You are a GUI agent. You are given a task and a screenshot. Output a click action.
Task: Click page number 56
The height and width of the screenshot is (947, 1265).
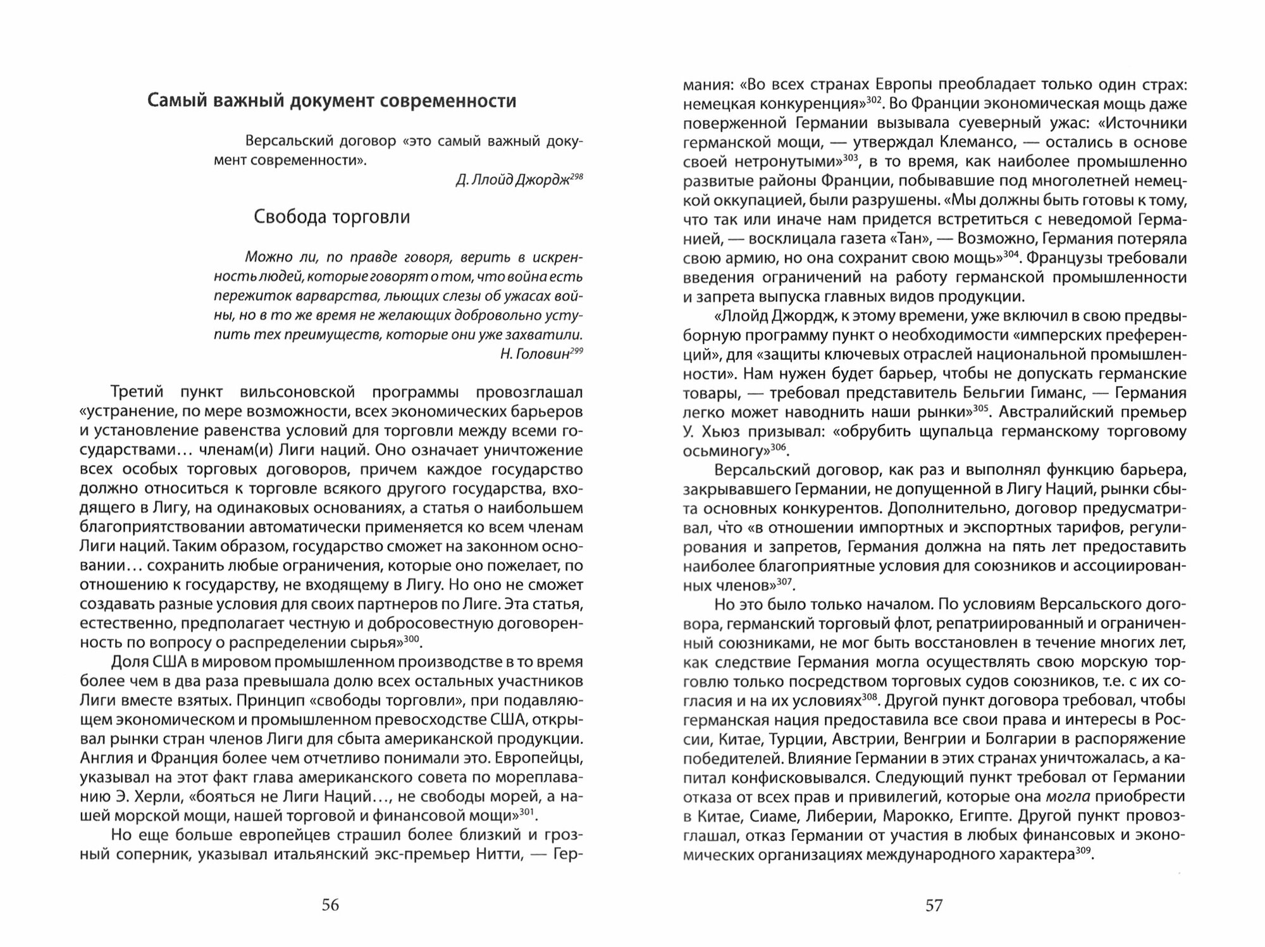[330, 905]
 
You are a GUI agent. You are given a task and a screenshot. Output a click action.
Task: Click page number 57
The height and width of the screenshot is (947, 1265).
[934, 905]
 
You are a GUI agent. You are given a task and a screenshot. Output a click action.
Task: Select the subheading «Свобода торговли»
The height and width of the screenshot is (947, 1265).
[331, 217]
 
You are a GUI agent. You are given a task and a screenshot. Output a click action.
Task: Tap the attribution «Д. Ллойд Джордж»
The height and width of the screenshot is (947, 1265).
[511, 180]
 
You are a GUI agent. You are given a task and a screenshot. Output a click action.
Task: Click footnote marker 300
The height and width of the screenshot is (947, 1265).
[412, 639]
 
